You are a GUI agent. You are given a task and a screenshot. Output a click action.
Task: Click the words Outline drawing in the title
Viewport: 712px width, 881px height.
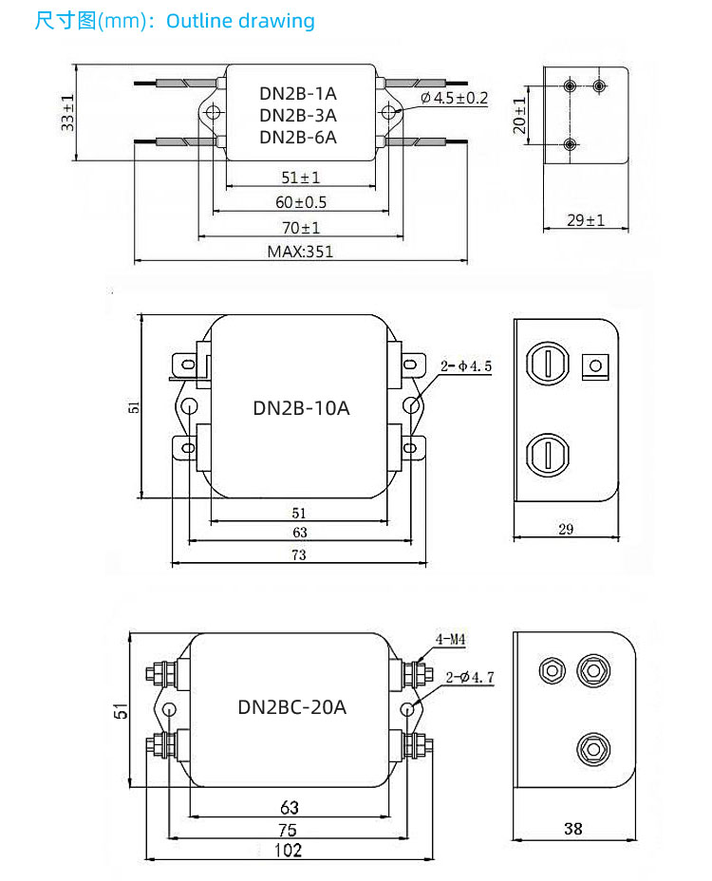[240, 21]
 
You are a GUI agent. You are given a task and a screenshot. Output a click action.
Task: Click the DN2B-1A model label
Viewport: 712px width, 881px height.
[298, 94]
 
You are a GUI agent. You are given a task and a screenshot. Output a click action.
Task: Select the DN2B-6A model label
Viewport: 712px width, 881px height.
[298, 137]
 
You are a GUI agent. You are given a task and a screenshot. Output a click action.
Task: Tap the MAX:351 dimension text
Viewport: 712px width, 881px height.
[300, 252]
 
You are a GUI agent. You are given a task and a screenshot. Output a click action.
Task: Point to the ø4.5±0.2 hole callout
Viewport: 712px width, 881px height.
[453, 98]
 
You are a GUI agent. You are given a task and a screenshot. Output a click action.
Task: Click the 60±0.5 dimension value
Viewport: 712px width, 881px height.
[301, 202]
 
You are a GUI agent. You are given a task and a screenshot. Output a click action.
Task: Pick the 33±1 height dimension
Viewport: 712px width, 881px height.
[67, 113]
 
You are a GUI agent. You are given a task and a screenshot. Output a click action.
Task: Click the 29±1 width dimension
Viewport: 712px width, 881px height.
[586, 220]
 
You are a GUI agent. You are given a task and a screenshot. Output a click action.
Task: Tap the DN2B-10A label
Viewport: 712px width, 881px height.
[301, 408]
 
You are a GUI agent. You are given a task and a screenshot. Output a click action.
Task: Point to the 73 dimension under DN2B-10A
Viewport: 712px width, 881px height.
[298, 555]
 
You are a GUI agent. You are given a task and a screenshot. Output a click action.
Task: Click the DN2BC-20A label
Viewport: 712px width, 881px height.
[291, 707]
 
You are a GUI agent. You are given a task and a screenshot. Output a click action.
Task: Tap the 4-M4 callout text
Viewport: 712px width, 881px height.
[450, 640]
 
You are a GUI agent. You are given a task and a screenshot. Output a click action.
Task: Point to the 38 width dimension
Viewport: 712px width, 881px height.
[572, 828]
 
